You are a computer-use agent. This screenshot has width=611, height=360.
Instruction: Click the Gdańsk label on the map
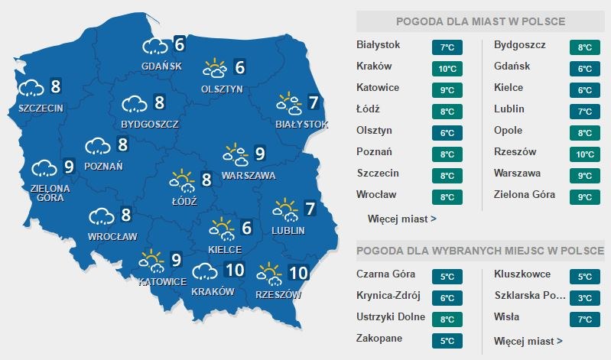pyautogui.click(x=161, y=66)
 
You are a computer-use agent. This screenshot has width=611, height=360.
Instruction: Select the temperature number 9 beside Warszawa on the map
pyautogui.click(x=259, y=154)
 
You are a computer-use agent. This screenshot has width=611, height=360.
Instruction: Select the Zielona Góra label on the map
pyautogui.click(x=50, y=193)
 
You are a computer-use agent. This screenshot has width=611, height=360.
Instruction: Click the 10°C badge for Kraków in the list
pyautogui.click(x=447, y=69)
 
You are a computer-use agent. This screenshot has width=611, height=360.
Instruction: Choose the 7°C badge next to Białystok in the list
pyautogui.click(x=447, y=47)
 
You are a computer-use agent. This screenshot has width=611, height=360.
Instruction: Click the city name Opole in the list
pyautogui.click(x=509, y=131)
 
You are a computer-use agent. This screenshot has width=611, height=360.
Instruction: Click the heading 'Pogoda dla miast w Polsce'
pyautogui.click(x=481, y=21)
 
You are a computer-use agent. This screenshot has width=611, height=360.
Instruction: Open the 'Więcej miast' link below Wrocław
pyautogui.click(x=401, y=219)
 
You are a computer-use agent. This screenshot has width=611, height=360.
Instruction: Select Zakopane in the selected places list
pyautogui.click(x=379, y=338)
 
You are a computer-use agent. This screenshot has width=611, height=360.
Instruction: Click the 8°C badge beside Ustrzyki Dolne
pyautogui.click(x=447, y=319)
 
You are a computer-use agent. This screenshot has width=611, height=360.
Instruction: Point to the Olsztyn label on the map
pyautogui.click(x=222, y=89)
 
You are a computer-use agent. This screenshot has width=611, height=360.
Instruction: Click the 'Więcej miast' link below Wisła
pyautogui.click(x=528, y=341)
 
